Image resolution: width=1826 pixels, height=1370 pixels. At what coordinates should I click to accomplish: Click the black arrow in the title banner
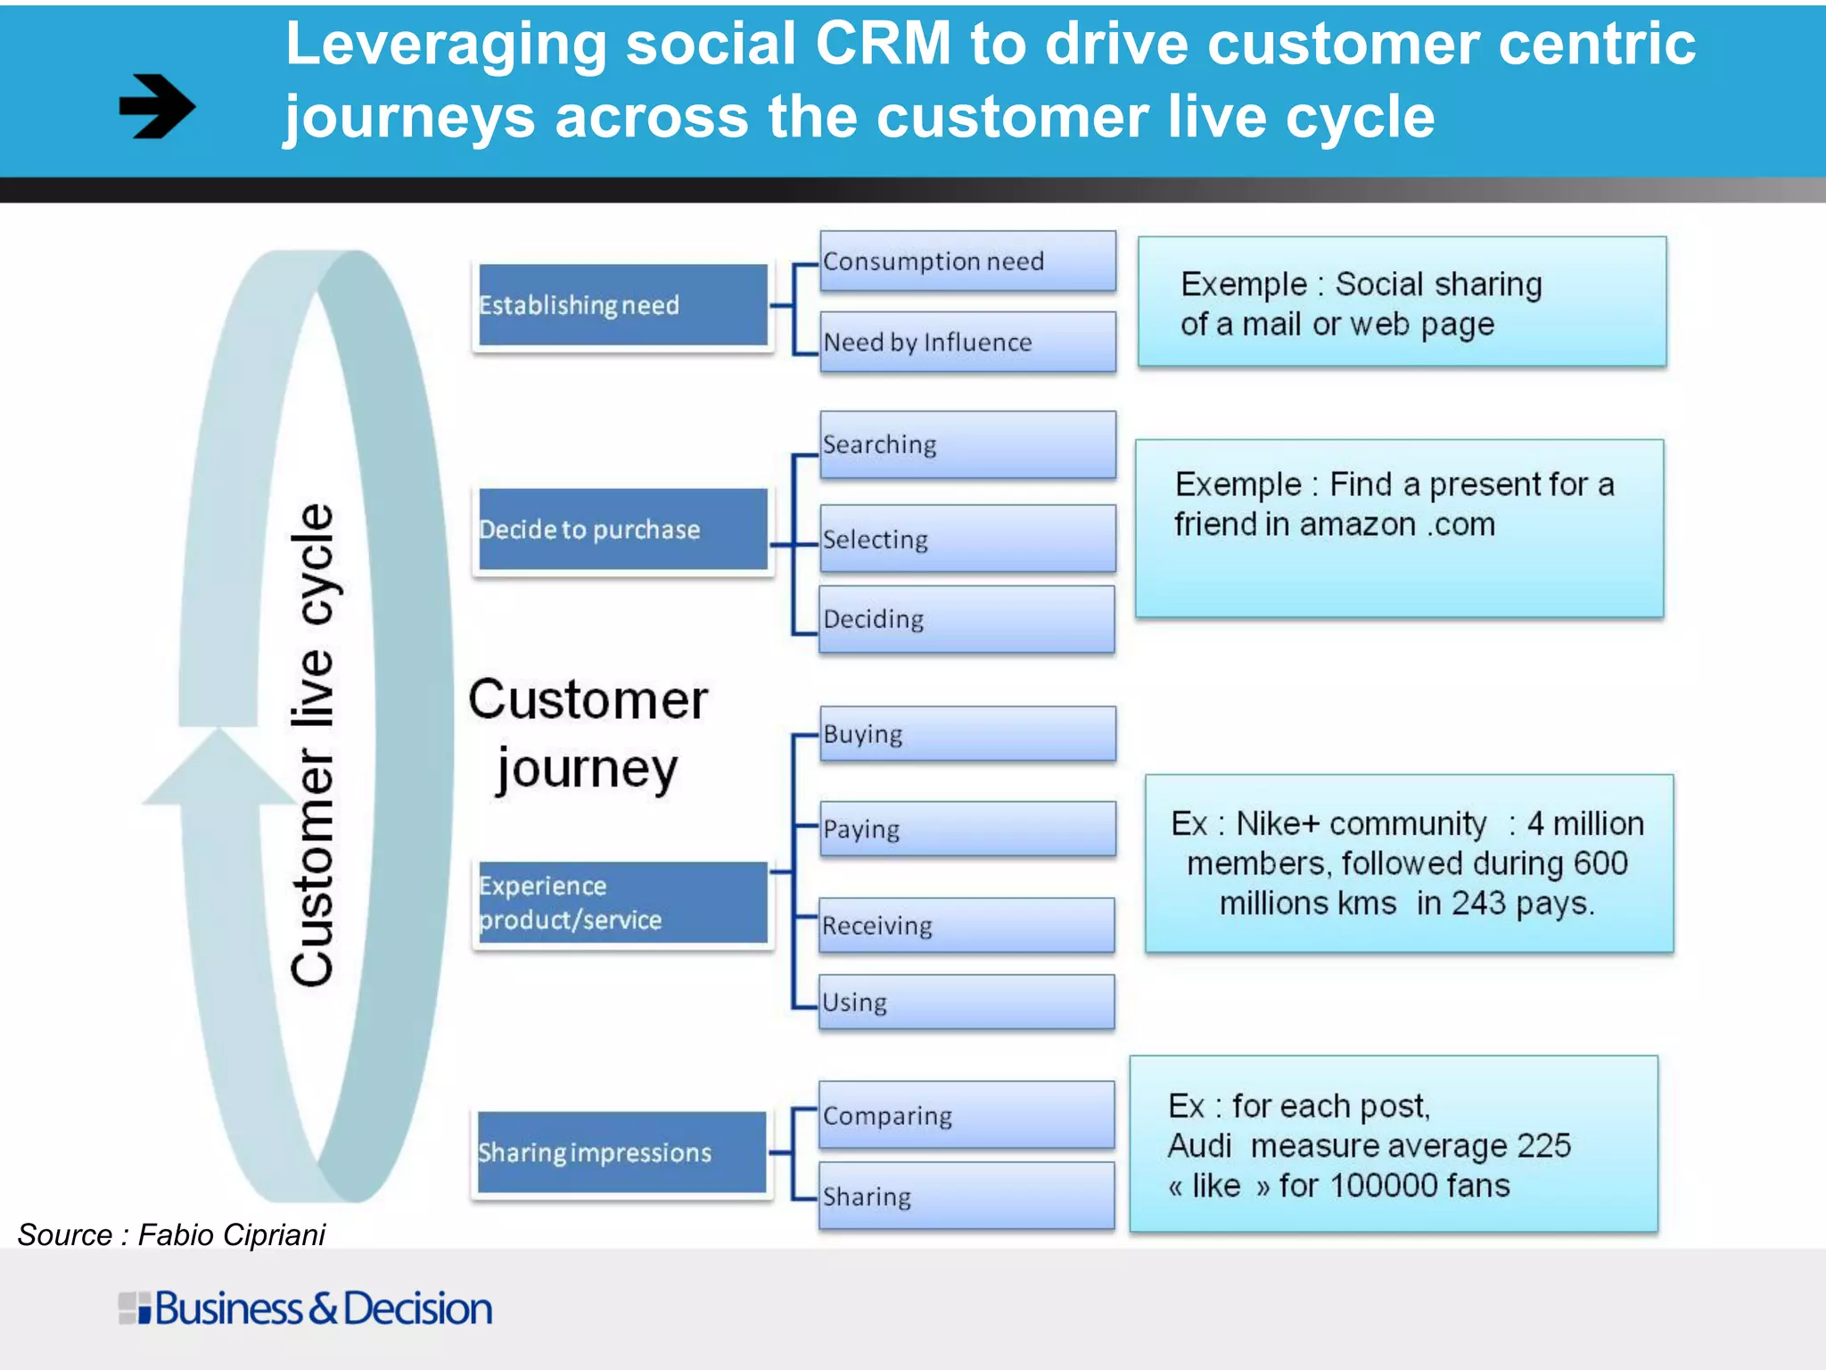(x=157, y=106)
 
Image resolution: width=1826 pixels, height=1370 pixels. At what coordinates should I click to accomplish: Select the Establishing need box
(x=622, y=305)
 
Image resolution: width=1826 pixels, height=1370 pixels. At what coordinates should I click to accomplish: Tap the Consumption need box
(x=967, y=261)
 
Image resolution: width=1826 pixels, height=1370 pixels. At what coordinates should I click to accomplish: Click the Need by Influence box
(x=967, y=342)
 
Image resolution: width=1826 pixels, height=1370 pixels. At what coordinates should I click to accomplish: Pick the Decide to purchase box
(x=622, y=529)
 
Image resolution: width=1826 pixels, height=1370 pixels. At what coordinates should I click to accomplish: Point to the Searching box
(x=967, y=444)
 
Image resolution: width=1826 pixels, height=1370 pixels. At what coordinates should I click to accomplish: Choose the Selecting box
(x=967, y=539)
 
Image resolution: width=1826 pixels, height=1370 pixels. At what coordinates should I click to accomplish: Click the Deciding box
(x=967, y=619)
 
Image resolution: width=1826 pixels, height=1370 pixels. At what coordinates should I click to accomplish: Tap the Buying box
(x=967, y=734)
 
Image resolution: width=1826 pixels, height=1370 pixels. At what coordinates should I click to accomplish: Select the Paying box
(x=967, y=829)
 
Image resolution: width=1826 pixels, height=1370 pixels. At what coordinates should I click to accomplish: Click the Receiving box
(x=967, y=925)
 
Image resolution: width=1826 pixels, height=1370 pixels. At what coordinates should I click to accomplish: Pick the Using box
(x=967, y=1002)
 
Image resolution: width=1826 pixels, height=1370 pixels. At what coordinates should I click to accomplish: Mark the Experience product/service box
(x=622, y=903)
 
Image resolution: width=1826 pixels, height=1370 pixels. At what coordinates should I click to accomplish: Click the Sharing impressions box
(x=622, y=1152)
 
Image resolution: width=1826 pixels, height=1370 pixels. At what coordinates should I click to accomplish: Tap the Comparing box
(x=967, y=1115)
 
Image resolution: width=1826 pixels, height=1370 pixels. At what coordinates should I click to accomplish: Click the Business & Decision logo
(x=305, y=1308)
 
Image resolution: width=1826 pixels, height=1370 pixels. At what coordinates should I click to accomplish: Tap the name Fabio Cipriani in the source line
(x=232, y=1234)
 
